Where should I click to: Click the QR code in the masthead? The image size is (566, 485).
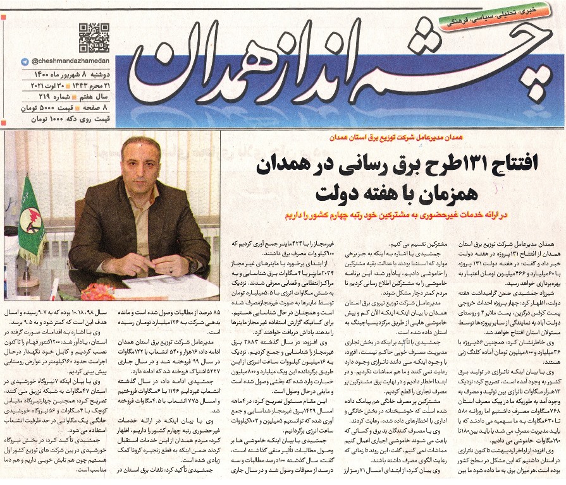click(x=94, y=37)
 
